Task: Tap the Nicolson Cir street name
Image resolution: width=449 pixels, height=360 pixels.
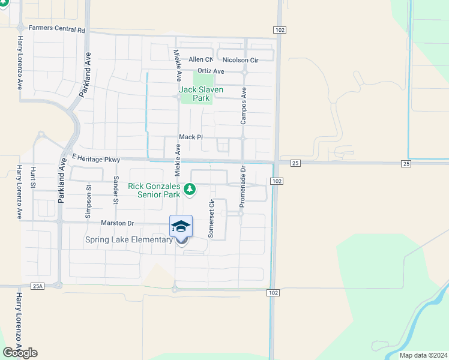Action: click(240, 60)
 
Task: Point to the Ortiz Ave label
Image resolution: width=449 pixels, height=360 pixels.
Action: click(211, 71)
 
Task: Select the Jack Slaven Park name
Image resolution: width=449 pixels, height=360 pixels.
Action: click(201, 94)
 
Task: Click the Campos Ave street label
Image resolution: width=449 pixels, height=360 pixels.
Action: click(244, 106)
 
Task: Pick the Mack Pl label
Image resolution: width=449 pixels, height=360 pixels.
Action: click(190, 137)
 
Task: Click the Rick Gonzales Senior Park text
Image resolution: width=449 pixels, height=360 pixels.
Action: click(154, 190)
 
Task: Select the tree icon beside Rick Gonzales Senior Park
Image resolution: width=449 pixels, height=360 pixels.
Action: click(190, 190)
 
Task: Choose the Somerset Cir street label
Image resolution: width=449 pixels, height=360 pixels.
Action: click(211, 219)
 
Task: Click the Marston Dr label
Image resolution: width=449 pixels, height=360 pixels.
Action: click(117, 223)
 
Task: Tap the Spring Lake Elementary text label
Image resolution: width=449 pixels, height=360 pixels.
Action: click(128, 240)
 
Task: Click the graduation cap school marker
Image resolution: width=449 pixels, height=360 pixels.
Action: click(181, 227)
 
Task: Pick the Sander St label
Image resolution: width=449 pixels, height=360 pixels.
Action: click(116, 190)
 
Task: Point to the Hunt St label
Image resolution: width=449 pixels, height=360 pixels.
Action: click(34, 178)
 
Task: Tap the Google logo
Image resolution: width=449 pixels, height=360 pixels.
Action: click(20, 352)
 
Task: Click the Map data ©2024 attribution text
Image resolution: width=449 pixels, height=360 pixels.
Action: click(423, 355)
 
